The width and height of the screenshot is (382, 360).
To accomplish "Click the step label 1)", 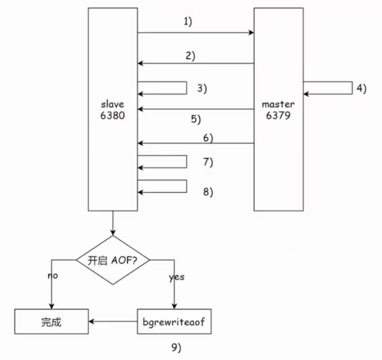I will [x=188, y=22].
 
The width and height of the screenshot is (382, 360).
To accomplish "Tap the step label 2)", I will [x=189, y=56].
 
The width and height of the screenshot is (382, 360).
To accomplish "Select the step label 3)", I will [x=201, y=88].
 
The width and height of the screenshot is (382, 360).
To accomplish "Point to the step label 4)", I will [x=361, y=88].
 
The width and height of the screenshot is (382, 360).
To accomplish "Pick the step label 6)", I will [x=208, y=137].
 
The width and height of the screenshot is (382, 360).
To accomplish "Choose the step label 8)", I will [x=207, y=192].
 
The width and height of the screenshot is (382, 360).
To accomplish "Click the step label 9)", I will [x=176, y=346].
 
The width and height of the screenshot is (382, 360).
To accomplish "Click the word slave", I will [x=112, y=104].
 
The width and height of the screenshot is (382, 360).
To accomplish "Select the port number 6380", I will [x=112, y=115].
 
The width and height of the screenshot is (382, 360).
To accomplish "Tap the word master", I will [x=278, y=104].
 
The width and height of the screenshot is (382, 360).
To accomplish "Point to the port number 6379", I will [x=278, y=115].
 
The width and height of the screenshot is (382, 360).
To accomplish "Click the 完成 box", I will [x=52, y=323].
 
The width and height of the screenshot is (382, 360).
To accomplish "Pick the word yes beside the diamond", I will [x=177, y=278].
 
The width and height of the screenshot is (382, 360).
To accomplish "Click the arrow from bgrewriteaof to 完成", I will [x=113, y=323].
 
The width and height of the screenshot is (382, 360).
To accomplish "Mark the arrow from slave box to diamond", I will [x=113, y=223].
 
